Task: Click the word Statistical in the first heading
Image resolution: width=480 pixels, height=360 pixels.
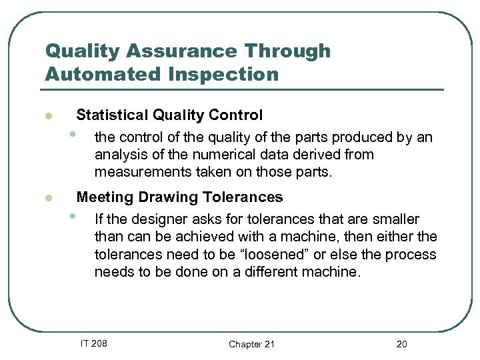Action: pos(112,115)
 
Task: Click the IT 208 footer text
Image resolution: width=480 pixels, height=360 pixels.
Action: pos(93,343)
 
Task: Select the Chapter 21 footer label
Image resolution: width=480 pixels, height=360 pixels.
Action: pos(251,344)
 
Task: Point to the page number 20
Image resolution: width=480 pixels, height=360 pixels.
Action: pos(401,344)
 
